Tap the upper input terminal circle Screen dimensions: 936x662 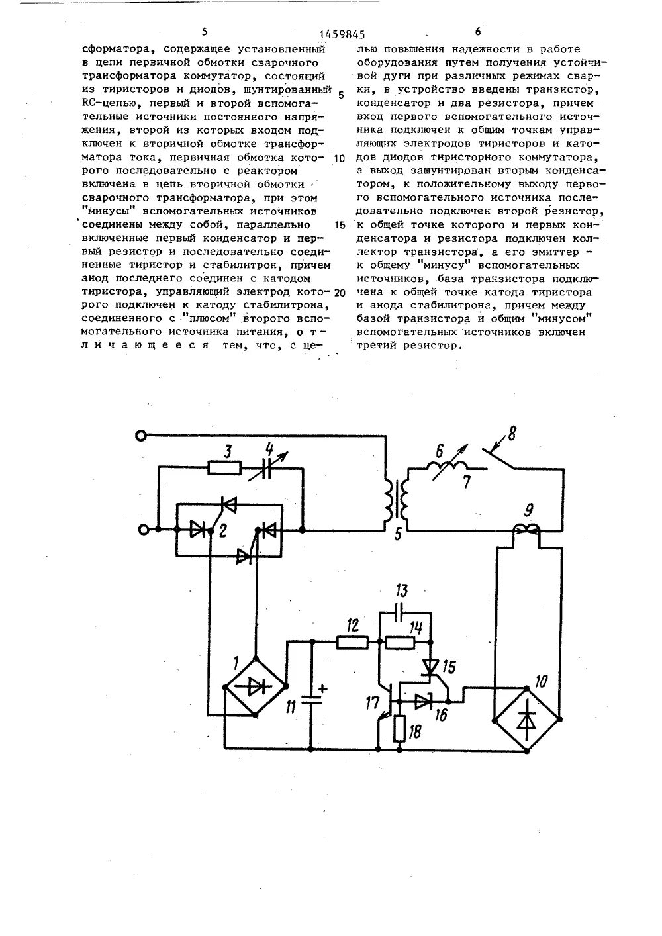tap(140, 435)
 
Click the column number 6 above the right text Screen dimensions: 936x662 tap(477, 31)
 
